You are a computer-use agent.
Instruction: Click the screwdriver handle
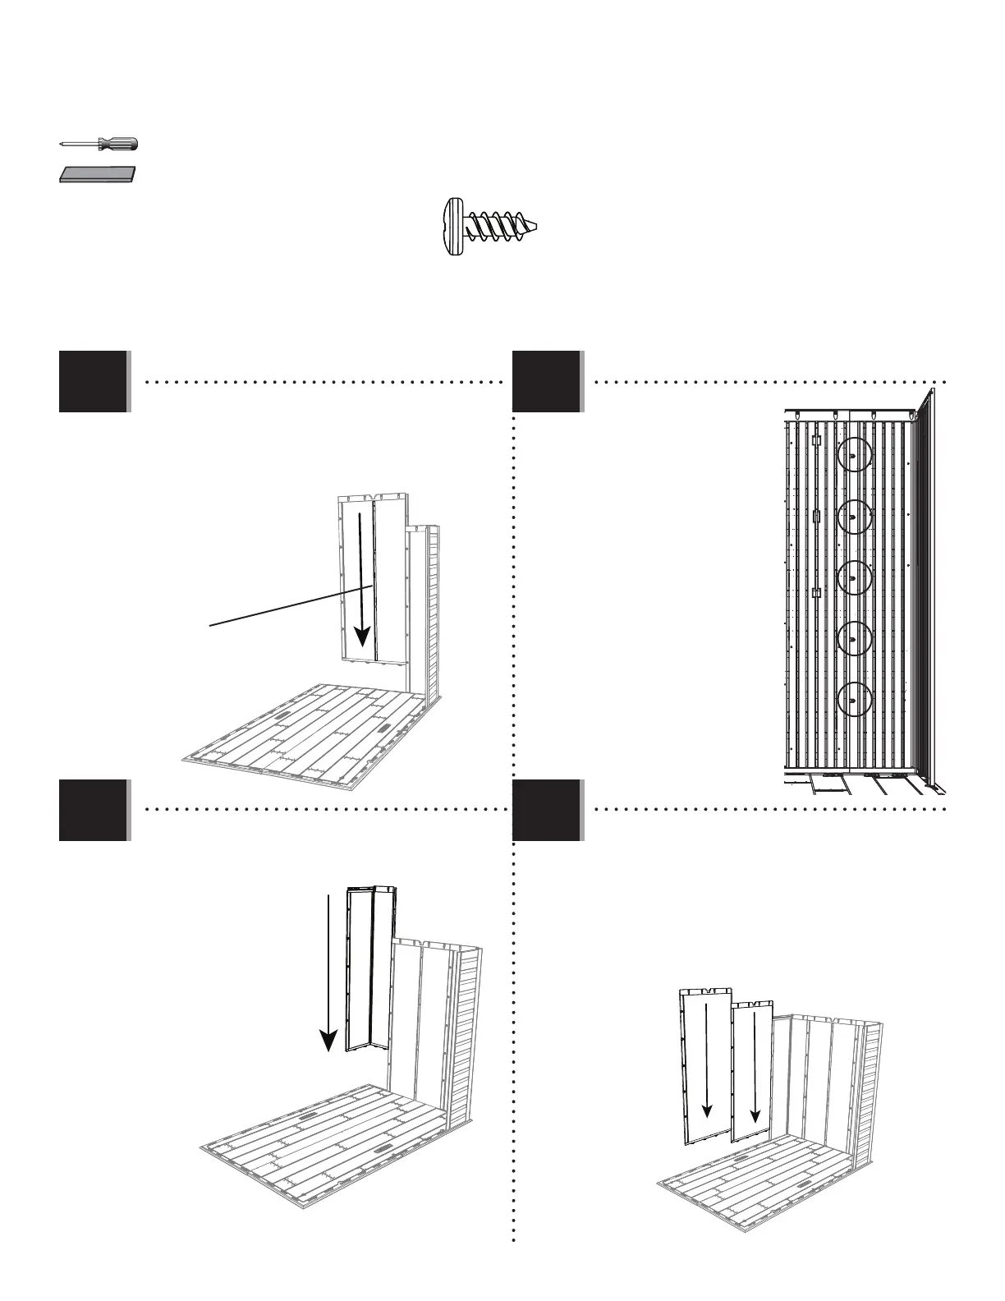click(118, 144)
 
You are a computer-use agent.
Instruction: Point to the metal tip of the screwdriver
click(62, 144)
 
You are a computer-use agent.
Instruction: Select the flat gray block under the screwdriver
click(97, 174)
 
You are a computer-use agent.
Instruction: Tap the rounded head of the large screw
click(454, 227)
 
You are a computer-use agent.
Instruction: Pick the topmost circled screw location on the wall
click(854, 456)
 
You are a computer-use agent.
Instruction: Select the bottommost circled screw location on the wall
click(854, 701)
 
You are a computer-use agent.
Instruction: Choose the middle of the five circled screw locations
click(854, 578)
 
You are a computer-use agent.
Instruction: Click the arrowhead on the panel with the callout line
click(361, 637)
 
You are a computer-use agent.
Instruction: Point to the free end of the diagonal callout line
click(210, 626)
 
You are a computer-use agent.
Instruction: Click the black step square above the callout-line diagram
click(94, 381)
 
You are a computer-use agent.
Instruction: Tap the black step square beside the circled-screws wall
click(547, 381)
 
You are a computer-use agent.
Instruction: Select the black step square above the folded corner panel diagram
click(94, 810)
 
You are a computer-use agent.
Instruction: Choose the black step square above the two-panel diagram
click(547, 810)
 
